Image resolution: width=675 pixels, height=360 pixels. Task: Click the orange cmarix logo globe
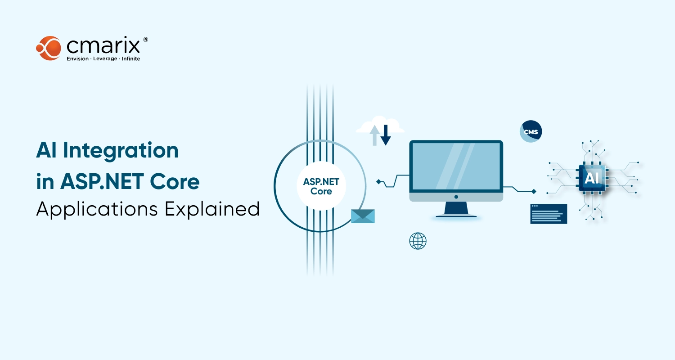point(49,48)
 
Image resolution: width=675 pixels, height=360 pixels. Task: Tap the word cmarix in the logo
point(103,46)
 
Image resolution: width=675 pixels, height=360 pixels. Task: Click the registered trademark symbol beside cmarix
point(145,40)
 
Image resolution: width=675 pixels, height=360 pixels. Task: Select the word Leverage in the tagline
point(105,59)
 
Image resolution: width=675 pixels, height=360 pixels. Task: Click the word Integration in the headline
point(121,150)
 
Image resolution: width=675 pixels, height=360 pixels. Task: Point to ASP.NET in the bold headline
point(102,182)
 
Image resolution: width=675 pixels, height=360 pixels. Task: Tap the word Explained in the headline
point(212,209)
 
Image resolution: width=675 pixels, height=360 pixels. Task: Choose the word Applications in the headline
point(97,209)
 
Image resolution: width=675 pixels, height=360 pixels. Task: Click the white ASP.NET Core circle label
point(321,186)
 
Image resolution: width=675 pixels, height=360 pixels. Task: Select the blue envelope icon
point(363,216)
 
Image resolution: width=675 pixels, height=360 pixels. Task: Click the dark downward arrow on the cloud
point(385,135)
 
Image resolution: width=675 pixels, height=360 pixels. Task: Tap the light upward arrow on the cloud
point(374,135)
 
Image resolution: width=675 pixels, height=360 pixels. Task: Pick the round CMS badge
point(531,131)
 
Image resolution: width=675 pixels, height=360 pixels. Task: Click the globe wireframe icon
point(418,241)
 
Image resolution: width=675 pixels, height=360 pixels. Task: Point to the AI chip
point(592,178)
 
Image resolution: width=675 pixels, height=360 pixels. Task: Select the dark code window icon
point(549,214)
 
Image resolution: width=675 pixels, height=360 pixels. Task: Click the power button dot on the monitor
point(456,197)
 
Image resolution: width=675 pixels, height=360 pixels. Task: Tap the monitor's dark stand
point(456,209)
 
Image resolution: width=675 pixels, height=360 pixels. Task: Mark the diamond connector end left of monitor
point(379,182)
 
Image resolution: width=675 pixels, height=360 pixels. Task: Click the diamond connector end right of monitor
point(534,191)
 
